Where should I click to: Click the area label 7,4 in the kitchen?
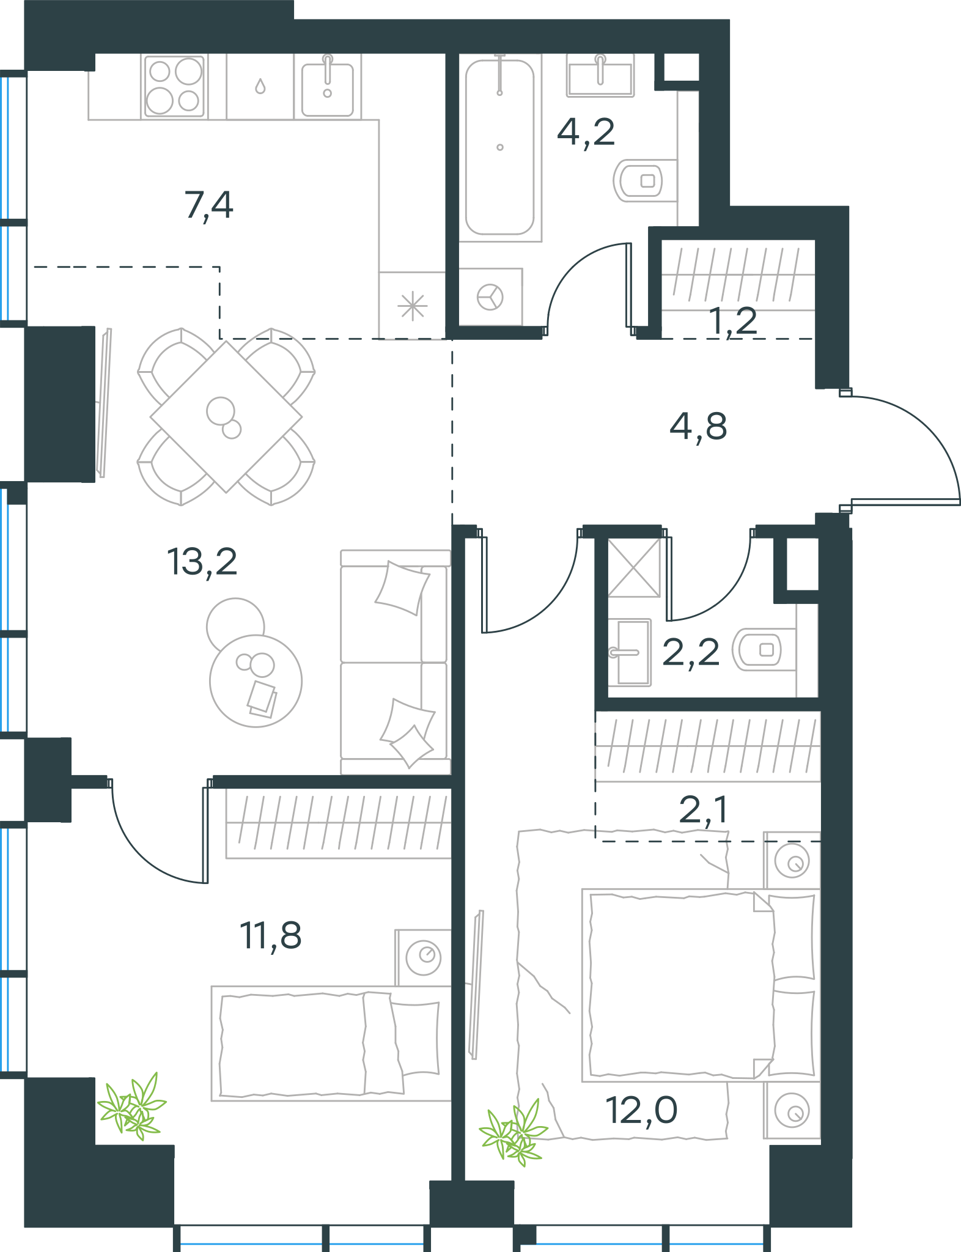[208, 205]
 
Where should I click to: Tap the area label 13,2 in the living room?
[202, 562]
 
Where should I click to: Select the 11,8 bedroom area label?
[270, 935]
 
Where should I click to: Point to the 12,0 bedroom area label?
[641, 1110]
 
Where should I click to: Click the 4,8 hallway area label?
[698, 426]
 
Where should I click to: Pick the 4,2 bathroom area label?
[586, 131]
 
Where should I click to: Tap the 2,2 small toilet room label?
[691, 652]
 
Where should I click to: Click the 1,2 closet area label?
[733, 320]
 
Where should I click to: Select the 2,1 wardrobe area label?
[703, 810]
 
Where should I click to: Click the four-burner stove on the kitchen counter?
[174, 86]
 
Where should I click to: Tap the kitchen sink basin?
[328, 87]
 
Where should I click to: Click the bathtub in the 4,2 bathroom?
[500, 147]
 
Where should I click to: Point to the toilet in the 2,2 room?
[764, 649]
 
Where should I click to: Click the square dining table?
[226, 417]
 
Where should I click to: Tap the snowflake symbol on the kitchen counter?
[413, 306]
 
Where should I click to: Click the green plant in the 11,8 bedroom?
[132, 1107]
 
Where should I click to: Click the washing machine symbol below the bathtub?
[490, 297]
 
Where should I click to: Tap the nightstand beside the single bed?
[423, 957]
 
